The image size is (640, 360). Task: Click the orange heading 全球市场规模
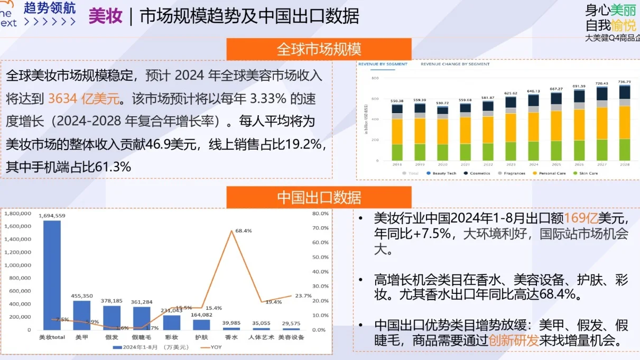point(319,50)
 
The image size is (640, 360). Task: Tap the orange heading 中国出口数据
point(319,198)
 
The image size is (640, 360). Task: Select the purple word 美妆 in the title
point(105,16)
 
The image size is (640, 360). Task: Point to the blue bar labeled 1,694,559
point(52,275)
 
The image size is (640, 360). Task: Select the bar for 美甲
point(81,315)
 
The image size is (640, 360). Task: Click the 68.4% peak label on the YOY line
point(244,230)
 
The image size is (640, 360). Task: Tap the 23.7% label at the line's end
point(303,296)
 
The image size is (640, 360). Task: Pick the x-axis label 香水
point(231,337)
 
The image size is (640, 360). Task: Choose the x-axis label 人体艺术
point(261,337)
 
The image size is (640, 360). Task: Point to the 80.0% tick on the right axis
point(321,214)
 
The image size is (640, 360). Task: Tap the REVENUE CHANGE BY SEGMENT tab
point(455,64)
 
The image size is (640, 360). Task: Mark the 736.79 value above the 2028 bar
point(625,82)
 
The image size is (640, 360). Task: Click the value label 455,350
point(82,296)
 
